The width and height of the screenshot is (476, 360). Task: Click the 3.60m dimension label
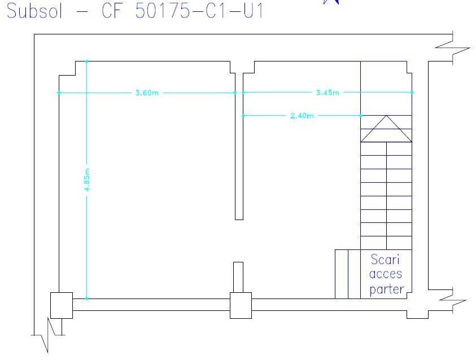point(147,93)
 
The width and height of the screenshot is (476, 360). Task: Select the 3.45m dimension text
point(327,93)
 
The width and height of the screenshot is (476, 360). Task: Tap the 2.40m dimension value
point(302,116)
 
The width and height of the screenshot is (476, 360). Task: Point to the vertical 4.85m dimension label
point(87,179)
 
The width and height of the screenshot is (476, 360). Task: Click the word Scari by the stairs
point(385,260)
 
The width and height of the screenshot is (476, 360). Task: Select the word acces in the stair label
point(386,274)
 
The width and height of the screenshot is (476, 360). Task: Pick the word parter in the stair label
point(387,289)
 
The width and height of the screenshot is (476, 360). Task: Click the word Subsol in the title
point(34,11)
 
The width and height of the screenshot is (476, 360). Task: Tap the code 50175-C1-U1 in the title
point(199,11)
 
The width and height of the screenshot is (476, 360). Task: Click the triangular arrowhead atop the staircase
point(386,129)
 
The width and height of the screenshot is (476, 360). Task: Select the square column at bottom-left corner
point(62,305)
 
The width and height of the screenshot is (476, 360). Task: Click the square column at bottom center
point(241,305)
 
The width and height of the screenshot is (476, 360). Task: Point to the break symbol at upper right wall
point(453,48)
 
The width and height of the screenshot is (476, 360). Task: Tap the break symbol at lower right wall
point(453,300)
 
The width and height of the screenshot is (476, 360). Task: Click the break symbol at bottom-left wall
point(48,335)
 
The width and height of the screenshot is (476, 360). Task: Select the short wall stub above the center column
point(238,277)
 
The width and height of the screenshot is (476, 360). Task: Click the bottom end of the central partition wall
point(239,219)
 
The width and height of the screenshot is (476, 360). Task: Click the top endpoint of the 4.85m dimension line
point(87,62)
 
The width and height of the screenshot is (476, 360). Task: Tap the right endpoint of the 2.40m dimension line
point(361,116)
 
